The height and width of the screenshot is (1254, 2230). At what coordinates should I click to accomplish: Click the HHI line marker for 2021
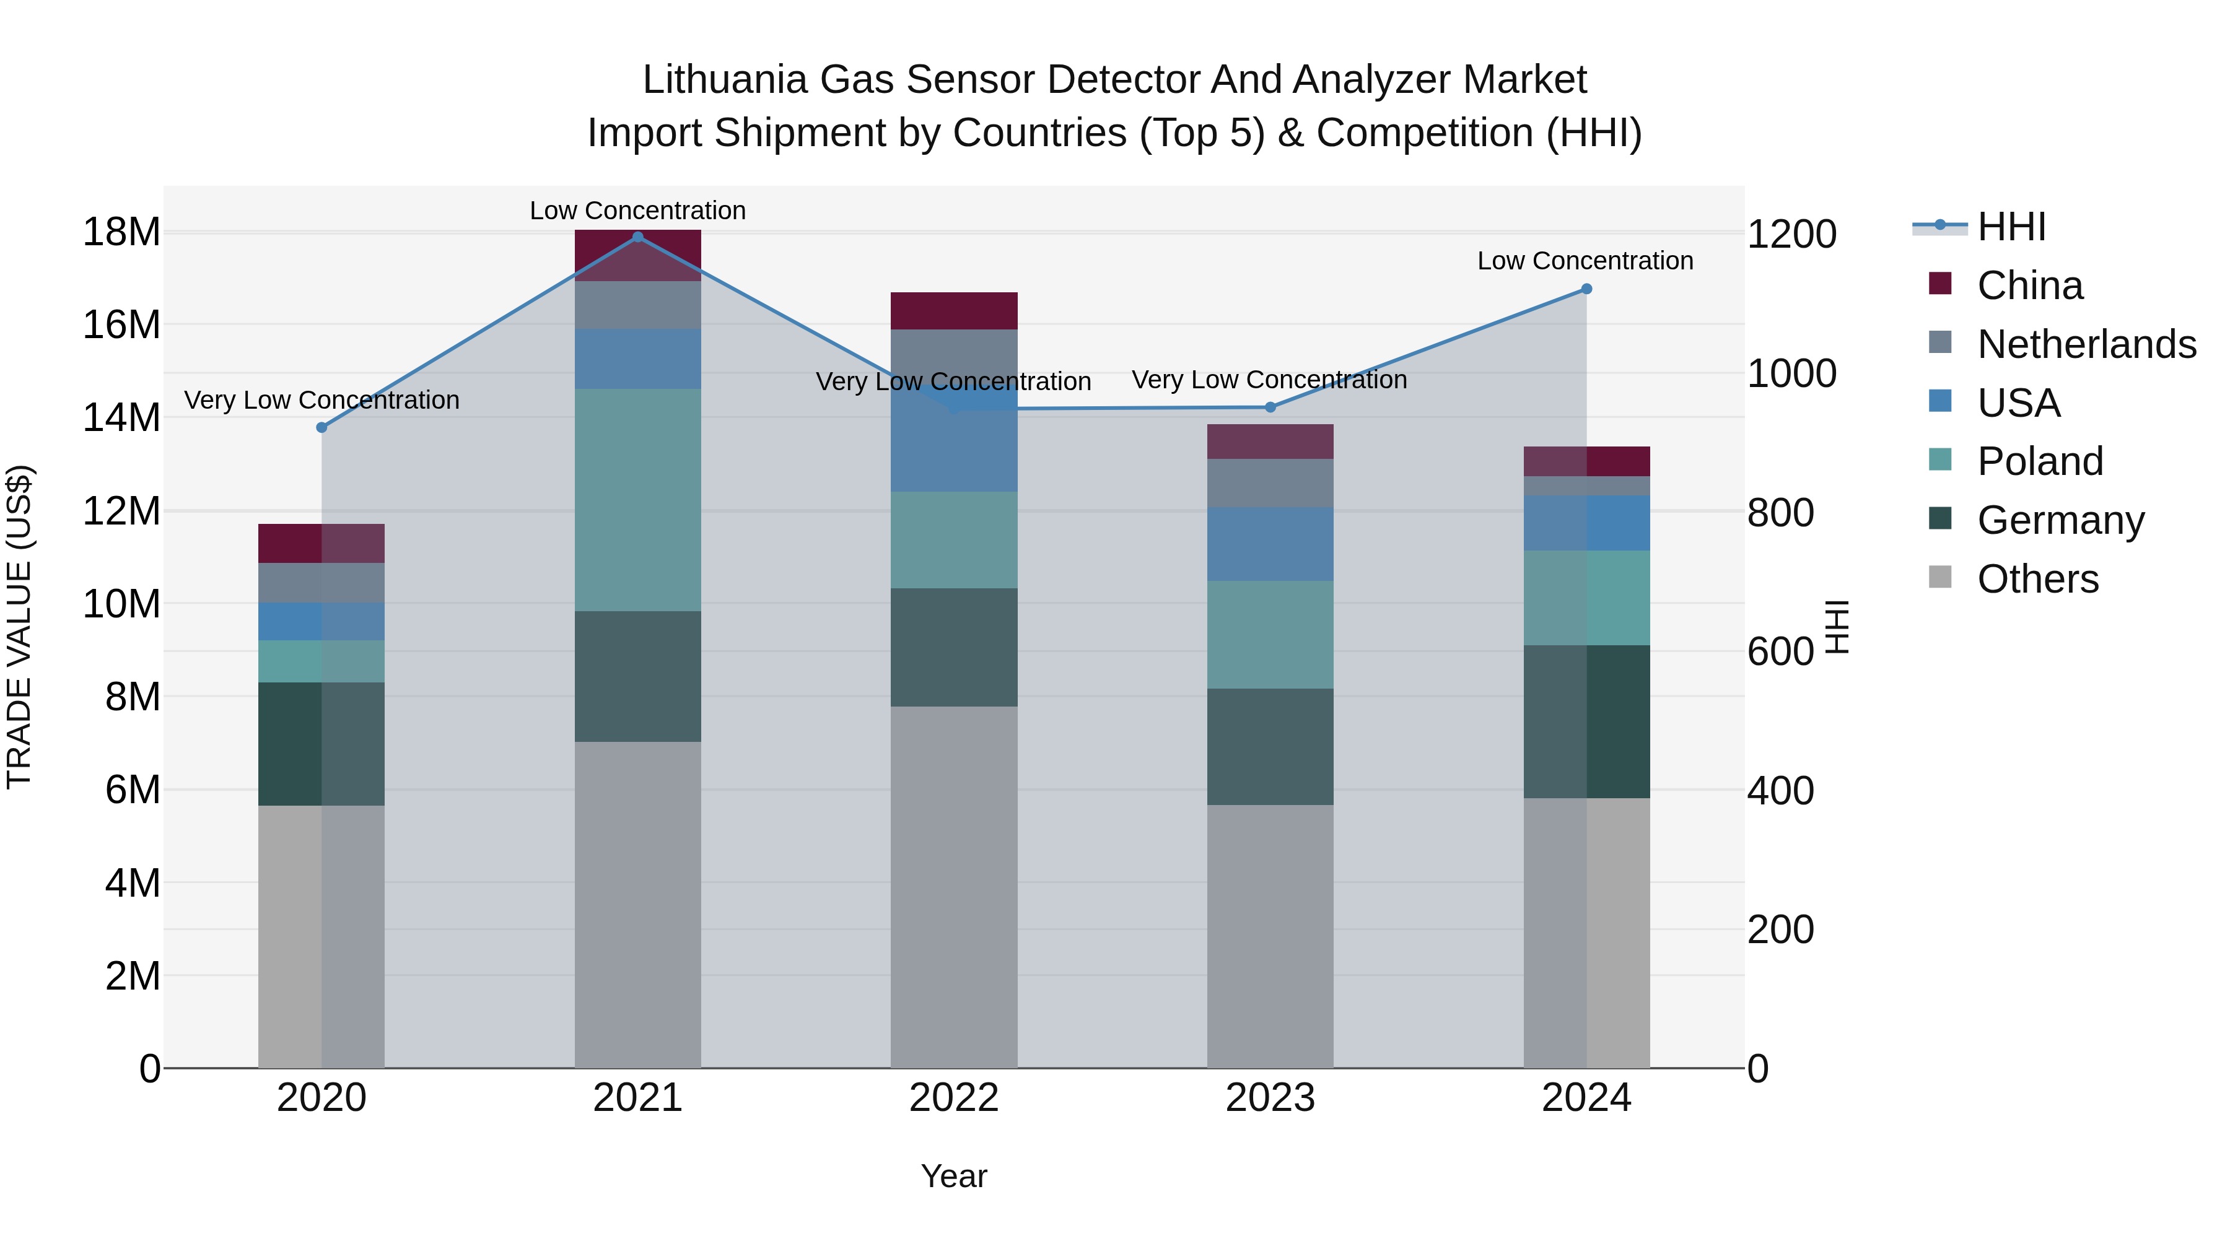coord(638,237)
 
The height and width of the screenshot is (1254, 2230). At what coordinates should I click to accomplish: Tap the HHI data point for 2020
coord(322,427)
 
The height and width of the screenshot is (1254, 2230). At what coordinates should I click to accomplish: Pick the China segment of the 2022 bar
coord(954,311)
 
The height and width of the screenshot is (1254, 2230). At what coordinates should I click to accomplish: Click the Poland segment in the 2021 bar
coord(638,500)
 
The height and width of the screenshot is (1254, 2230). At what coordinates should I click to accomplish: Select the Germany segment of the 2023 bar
coord(1270,747)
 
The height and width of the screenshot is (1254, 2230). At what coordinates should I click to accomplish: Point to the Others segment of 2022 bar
coord(954,887)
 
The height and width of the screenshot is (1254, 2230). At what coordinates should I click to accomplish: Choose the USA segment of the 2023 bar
coord(1270,544)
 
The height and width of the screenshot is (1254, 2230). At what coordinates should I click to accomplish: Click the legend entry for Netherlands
coord(2086,344)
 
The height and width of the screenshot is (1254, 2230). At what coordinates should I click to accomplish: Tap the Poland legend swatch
coord(1940,460)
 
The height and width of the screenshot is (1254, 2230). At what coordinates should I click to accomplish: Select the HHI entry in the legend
coord(2011,227)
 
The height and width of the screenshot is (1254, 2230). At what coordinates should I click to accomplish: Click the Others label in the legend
coord(2038,579)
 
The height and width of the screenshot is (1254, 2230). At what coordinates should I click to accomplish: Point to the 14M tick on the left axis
coord(121,418)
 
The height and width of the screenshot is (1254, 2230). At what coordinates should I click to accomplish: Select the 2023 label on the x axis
coord(1270,1098)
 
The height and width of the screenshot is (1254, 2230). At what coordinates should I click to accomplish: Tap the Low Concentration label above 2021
coord(638,211)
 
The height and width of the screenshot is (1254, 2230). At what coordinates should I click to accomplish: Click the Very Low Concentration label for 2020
coord(322,400)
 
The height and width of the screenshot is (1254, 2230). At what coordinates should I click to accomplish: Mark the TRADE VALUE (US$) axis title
coord(19,627)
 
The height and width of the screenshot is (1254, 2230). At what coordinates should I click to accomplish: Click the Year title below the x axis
coord(954,1176)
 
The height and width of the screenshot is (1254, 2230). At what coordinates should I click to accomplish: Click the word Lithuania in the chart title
coord(724,80)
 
